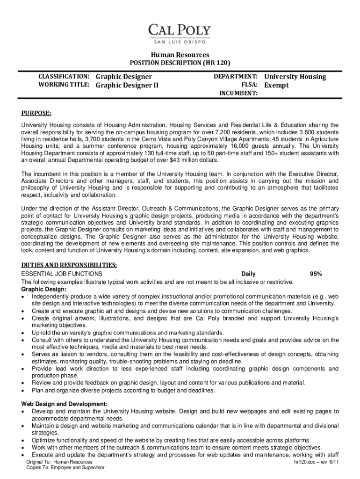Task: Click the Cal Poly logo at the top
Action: coord(180,32)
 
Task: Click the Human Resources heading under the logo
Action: coord(180,55)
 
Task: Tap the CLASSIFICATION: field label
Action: coord(64,76)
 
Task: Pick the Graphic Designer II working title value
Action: coord(127,85)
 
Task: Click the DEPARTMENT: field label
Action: coord(236,76)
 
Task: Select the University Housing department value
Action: coord(295,76)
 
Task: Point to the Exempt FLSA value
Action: coord(276,85)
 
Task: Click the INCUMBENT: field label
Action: coord(238,94)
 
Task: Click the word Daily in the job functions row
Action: coord(248,274)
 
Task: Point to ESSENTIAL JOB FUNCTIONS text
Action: coord(62,274)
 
